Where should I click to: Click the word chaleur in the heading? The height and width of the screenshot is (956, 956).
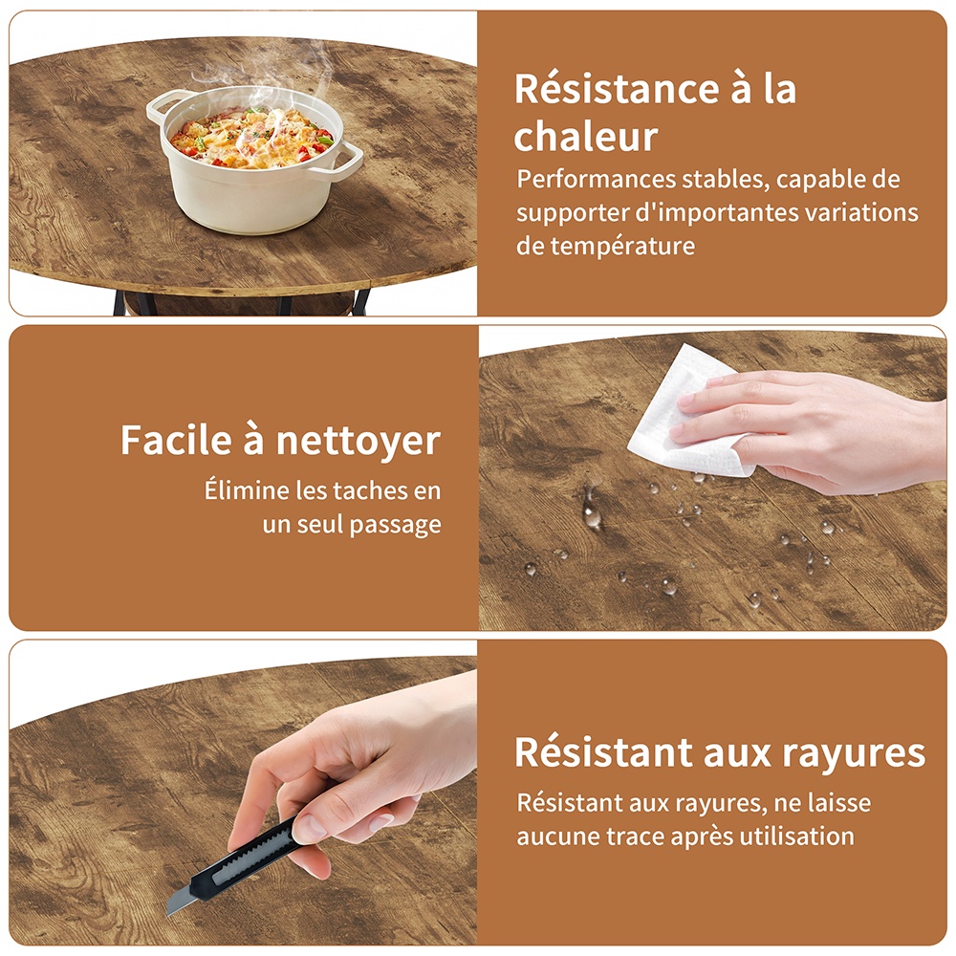pos(586,136)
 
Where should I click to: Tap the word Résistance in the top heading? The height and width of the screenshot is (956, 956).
pos(617,89)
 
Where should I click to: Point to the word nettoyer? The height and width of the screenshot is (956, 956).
pos(358,440)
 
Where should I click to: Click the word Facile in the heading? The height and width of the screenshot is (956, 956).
pos(176,440)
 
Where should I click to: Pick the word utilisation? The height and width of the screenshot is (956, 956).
pos(797,836)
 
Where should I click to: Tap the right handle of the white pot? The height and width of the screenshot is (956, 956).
pos(348,160)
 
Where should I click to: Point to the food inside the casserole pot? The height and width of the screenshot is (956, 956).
pos(251,137)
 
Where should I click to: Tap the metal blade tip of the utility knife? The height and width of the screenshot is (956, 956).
pos(169,908)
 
